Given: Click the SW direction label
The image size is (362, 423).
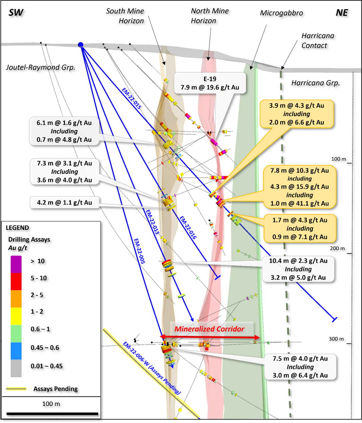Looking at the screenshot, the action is coord(16,13).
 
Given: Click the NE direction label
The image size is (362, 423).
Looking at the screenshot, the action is coord(342,13).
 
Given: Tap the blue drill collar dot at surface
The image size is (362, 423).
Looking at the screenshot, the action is coord(81,45).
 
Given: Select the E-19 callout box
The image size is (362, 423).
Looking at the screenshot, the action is coord(210,83).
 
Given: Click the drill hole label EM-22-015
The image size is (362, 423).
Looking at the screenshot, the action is coord(132,98).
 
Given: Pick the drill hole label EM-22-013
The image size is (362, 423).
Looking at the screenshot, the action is coord(152,222).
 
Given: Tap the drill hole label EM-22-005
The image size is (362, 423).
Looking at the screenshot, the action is coord(140,251).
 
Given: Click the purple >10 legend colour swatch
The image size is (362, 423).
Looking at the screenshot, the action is coord(16,264).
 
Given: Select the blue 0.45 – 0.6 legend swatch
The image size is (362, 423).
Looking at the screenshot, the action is coord(16,351).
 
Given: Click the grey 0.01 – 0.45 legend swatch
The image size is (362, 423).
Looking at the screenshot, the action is coord(16,368).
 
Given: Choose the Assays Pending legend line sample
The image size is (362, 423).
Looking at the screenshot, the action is coord(16,389).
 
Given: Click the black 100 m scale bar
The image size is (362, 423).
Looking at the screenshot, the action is coord(52,414).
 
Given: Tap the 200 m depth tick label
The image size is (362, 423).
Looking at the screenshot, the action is coord(337,248).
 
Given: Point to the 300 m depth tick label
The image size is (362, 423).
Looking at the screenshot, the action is coord(336,339).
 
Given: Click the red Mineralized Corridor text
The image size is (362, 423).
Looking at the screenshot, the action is coord(209,329).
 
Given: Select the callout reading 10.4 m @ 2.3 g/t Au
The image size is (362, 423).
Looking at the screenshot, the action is coord(298,269).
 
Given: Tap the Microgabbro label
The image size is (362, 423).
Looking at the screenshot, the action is coord(281,13).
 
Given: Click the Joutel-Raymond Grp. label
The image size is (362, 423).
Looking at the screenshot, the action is coord(41,67).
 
